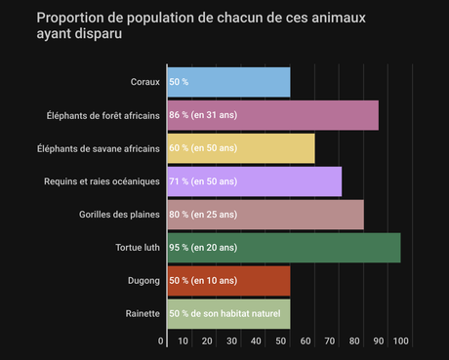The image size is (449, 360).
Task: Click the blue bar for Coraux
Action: point(228,82)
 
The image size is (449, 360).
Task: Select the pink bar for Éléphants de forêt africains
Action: point(272,115)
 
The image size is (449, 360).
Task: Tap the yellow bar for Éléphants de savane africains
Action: point(241,148)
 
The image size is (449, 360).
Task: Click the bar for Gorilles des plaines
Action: point(265,215)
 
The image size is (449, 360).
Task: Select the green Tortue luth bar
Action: point(284,248)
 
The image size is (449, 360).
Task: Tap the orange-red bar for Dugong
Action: point(228,281)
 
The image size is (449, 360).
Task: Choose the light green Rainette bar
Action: point(228,313)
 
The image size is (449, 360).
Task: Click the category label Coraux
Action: point(144,82)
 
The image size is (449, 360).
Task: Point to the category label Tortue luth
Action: point(138,248)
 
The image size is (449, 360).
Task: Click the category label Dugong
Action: point(143,281)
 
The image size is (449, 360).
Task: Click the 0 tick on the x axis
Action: point(161,340)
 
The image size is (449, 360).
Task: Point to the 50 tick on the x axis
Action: point(280,340)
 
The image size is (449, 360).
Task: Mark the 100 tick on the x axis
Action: point(400,340)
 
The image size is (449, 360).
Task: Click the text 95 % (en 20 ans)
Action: point(203,248)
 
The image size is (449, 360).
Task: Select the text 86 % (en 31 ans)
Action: point(203,115)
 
